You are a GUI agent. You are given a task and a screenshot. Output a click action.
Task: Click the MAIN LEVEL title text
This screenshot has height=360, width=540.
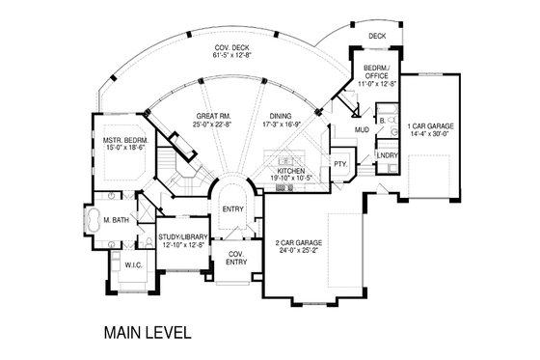pos(148,334)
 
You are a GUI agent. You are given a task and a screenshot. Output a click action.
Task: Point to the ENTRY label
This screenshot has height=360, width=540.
pos(231,208)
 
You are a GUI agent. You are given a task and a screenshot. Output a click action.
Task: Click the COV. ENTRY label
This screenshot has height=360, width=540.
pos(236,256)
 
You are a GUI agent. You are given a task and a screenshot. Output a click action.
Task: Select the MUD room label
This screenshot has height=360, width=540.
pos(361,128)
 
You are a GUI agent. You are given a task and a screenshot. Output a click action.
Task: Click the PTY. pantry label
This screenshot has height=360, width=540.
pos(340,165)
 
